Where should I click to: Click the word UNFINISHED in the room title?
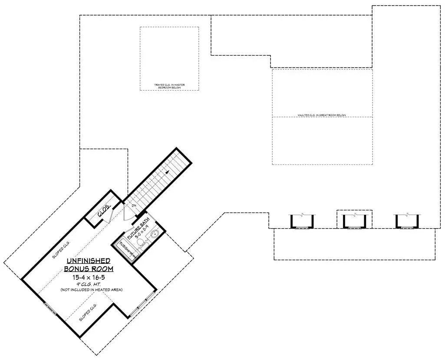coord(88,261)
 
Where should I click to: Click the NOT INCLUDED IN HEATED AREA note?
coord(91,290)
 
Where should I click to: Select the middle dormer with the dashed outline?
coord(355,221)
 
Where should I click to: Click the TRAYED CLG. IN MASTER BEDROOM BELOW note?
coord(169,86)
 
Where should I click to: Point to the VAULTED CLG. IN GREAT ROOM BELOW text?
coord(322,115)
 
